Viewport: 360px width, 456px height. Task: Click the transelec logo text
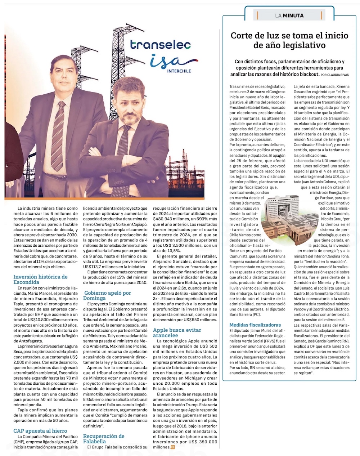161,45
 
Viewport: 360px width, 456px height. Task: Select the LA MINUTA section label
289,15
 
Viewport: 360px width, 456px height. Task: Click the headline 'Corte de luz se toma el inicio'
289,36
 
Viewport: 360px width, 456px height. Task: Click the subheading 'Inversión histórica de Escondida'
40,279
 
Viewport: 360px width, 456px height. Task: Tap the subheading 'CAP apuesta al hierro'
40,430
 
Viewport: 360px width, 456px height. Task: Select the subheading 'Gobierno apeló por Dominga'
107,295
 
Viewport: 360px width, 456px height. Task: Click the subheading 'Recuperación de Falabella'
104,438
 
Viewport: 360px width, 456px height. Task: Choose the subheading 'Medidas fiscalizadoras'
255,325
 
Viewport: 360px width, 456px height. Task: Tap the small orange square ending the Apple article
173,447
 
